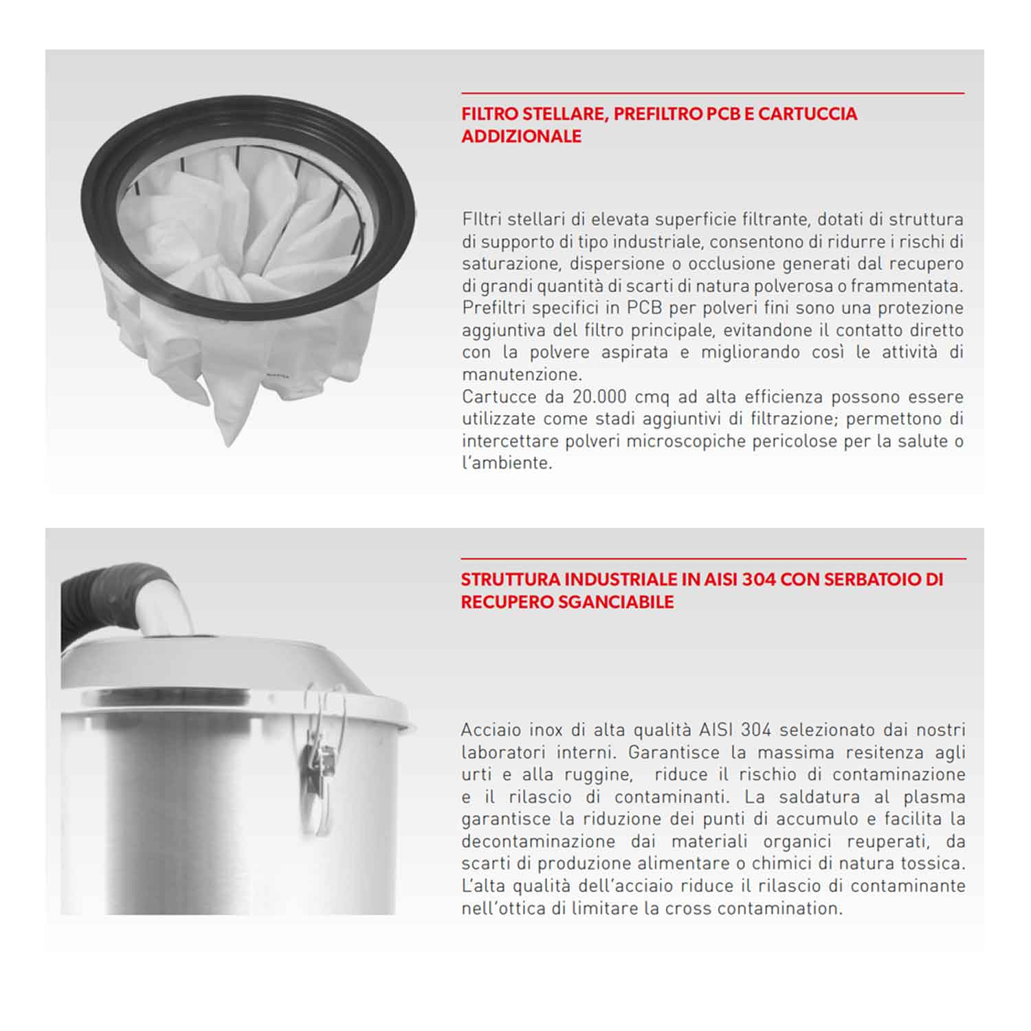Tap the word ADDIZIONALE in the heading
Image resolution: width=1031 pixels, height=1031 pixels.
coord(522,136)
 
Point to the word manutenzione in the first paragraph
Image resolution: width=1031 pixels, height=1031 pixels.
coord(520,375)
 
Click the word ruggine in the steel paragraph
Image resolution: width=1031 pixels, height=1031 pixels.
coord(597,775)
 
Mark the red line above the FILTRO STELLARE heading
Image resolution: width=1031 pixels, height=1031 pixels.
coord(713,93)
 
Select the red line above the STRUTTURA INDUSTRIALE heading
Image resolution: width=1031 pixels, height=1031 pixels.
coord(713,558)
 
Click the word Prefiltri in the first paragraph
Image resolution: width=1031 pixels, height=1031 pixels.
coord(494,308)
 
